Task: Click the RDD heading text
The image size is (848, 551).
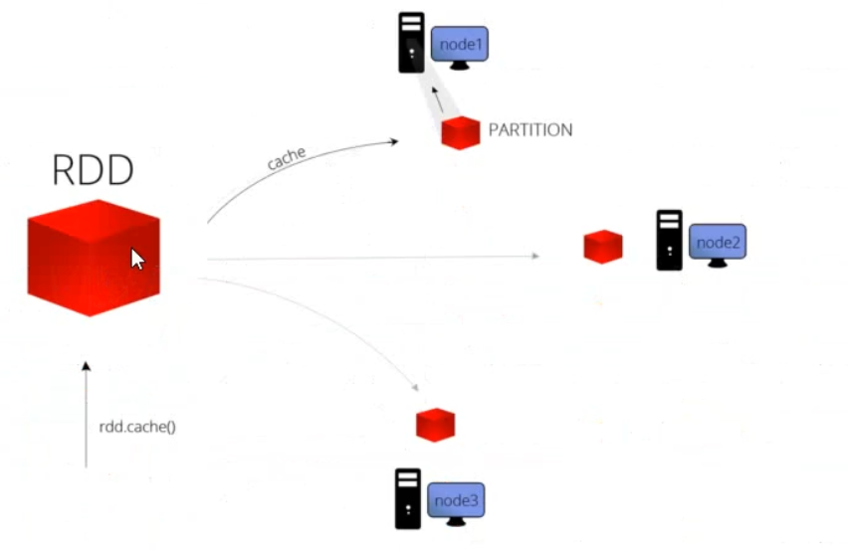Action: [x=93, y=171]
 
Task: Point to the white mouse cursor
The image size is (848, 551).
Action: [x=137, y=259]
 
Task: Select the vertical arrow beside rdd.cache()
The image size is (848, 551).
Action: [x=86, y=414]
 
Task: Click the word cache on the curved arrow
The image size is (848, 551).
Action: [x=286, y=157]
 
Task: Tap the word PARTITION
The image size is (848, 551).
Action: [x=530, y=130]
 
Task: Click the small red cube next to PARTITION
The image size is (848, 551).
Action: [x=461, y=132]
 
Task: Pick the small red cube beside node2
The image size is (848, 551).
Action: [x=603, y=247]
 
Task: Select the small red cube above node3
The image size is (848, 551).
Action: [x=435, y=424]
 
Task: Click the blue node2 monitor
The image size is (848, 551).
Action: [x=717, y=244]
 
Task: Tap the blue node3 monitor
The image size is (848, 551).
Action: [x=456, y=502]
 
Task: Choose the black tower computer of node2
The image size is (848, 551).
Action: [x=670, y=240]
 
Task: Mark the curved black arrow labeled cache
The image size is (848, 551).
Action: [x=299, y=171]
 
